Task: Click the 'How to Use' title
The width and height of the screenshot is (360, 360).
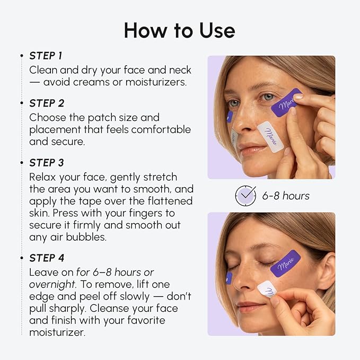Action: [179, 30]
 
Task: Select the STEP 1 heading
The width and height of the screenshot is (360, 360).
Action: [47, 56]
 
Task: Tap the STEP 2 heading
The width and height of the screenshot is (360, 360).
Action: [47, 103]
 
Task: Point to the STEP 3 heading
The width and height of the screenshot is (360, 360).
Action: [47, 162]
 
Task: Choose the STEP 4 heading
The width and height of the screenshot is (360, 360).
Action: [47, 258]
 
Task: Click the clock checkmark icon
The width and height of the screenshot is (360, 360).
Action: [245, 196]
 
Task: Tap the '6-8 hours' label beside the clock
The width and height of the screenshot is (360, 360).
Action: [286, 196]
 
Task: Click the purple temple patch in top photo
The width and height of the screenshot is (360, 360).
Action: [286, 103]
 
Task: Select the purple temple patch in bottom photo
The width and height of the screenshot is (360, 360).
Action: [285, 264]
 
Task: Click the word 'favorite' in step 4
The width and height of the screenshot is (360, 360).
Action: [144, 320]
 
